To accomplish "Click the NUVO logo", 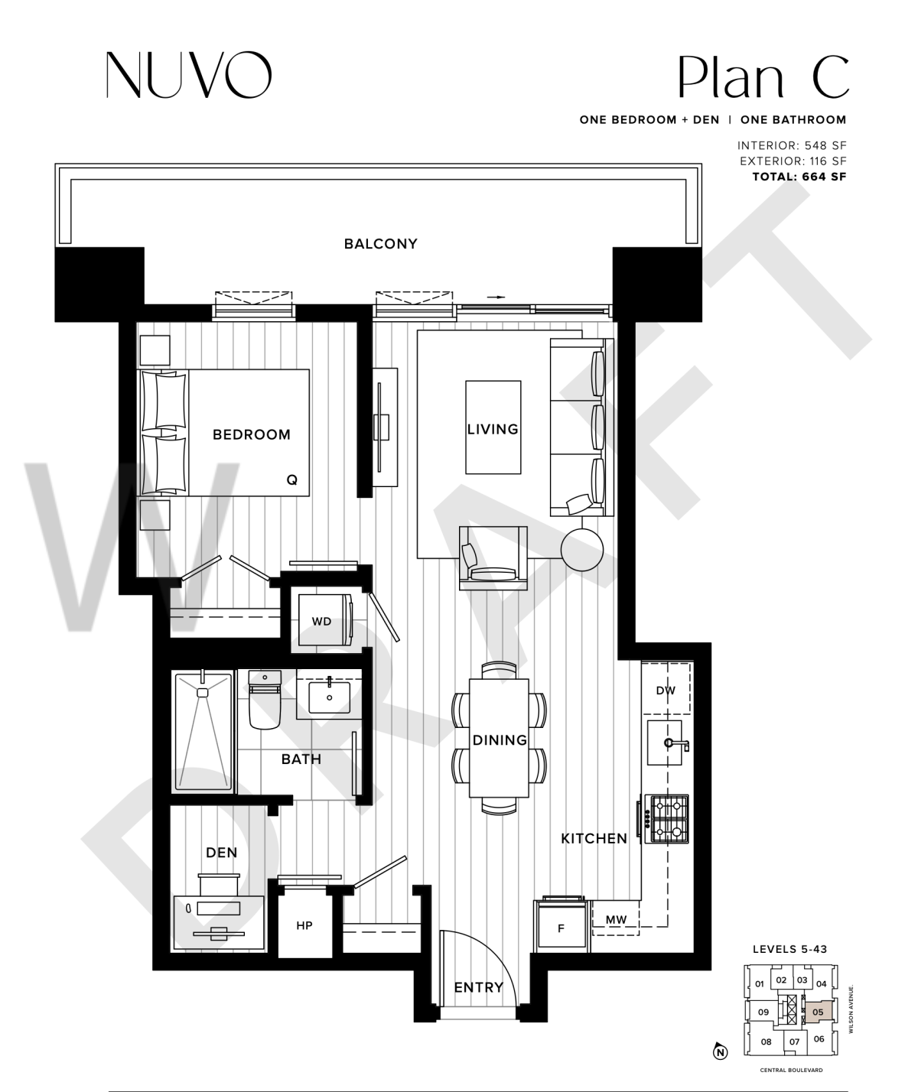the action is click(189, 75).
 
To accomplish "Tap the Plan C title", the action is click(763, 77).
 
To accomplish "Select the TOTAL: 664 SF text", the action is click(799, 177).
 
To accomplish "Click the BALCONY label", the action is click(380, 244).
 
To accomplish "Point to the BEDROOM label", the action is click(251, 434).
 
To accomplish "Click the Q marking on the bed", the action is click(292, 479).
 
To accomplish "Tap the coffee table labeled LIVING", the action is click(493, 427).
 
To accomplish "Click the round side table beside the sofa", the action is click(581, 550).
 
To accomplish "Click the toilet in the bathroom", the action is click(265, 699).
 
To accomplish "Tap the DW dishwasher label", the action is click(666, 691).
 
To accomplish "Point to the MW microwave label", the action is click(616, 919).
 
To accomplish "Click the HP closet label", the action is click(304, 925).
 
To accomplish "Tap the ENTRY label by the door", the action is click(478, 987).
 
